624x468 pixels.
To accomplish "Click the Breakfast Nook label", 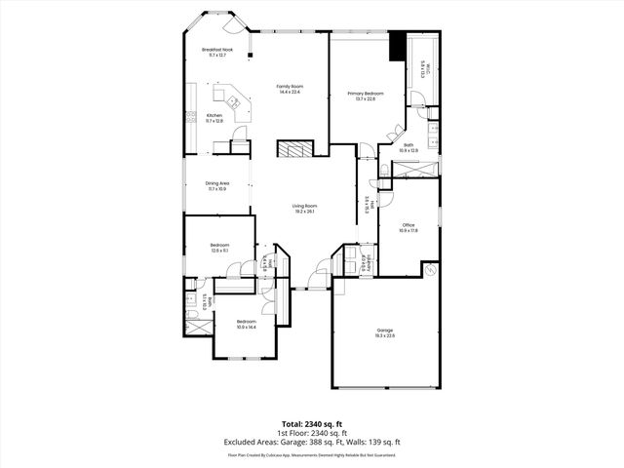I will pos(216,51).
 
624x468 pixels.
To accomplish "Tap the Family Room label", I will pos(287,89).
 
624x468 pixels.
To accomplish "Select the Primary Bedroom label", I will pos(366,95).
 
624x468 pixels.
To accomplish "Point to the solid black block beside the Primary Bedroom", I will pos(397,47).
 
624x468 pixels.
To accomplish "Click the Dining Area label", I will pos(216,185).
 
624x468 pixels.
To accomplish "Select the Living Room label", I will pos(305,208).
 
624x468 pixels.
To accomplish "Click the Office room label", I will pos(409,227).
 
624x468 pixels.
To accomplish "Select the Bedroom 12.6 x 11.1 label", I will pos(219,247).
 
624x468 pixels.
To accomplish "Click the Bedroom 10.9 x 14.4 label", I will pos(246,323).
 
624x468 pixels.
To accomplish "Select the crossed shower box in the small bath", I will pos(198,326).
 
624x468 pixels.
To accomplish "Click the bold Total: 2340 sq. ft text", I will pos(312,423).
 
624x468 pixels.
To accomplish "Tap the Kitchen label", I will pos(214,118).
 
